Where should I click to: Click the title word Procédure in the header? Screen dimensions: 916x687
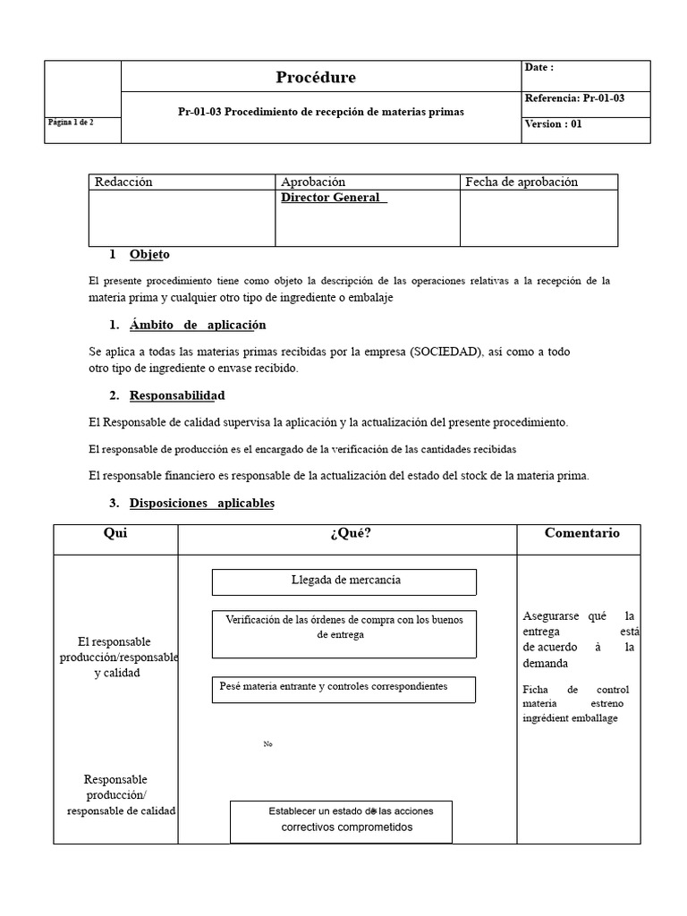tap(315, 78)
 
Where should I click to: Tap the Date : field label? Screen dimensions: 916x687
tap(539, 68)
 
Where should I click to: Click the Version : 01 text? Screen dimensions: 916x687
tap(553, 124)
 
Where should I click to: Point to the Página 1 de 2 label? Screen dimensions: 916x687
tap(70, 123)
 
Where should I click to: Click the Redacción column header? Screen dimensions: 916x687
tap(123, 182)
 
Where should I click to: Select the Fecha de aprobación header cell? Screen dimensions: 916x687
tap(522, 182)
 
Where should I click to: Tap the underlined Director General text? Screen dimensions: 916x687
tap(333, 198)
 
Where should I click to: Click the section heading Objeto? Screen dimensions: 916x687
tap(149, 255)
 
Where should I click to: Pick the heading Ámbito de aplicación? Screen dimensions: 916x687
tap(197, 325)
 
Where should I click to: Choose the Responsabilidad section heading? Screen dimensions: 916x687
tap(177, 395)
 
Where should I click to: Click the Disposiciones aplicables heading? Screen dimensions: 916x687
tap(201, 504)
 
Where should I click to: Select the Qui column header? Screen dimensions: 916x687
tap(115, 533)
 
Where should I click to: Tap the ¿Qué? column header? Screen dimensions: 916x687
tap(350, 534)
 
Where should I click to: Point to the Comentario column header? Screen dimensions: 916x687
tap(581, 533)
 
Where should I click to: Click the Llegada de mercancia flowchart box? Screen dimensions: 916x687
tap(344, 581)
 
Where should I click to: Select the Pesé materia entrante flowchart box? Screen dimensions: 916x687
tap(343, 688)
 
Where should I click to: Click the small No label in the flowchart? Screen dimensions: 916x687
tap(267, 744)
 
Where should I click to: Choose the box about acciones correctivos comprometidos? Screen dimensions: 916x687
tap(341, 820)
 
